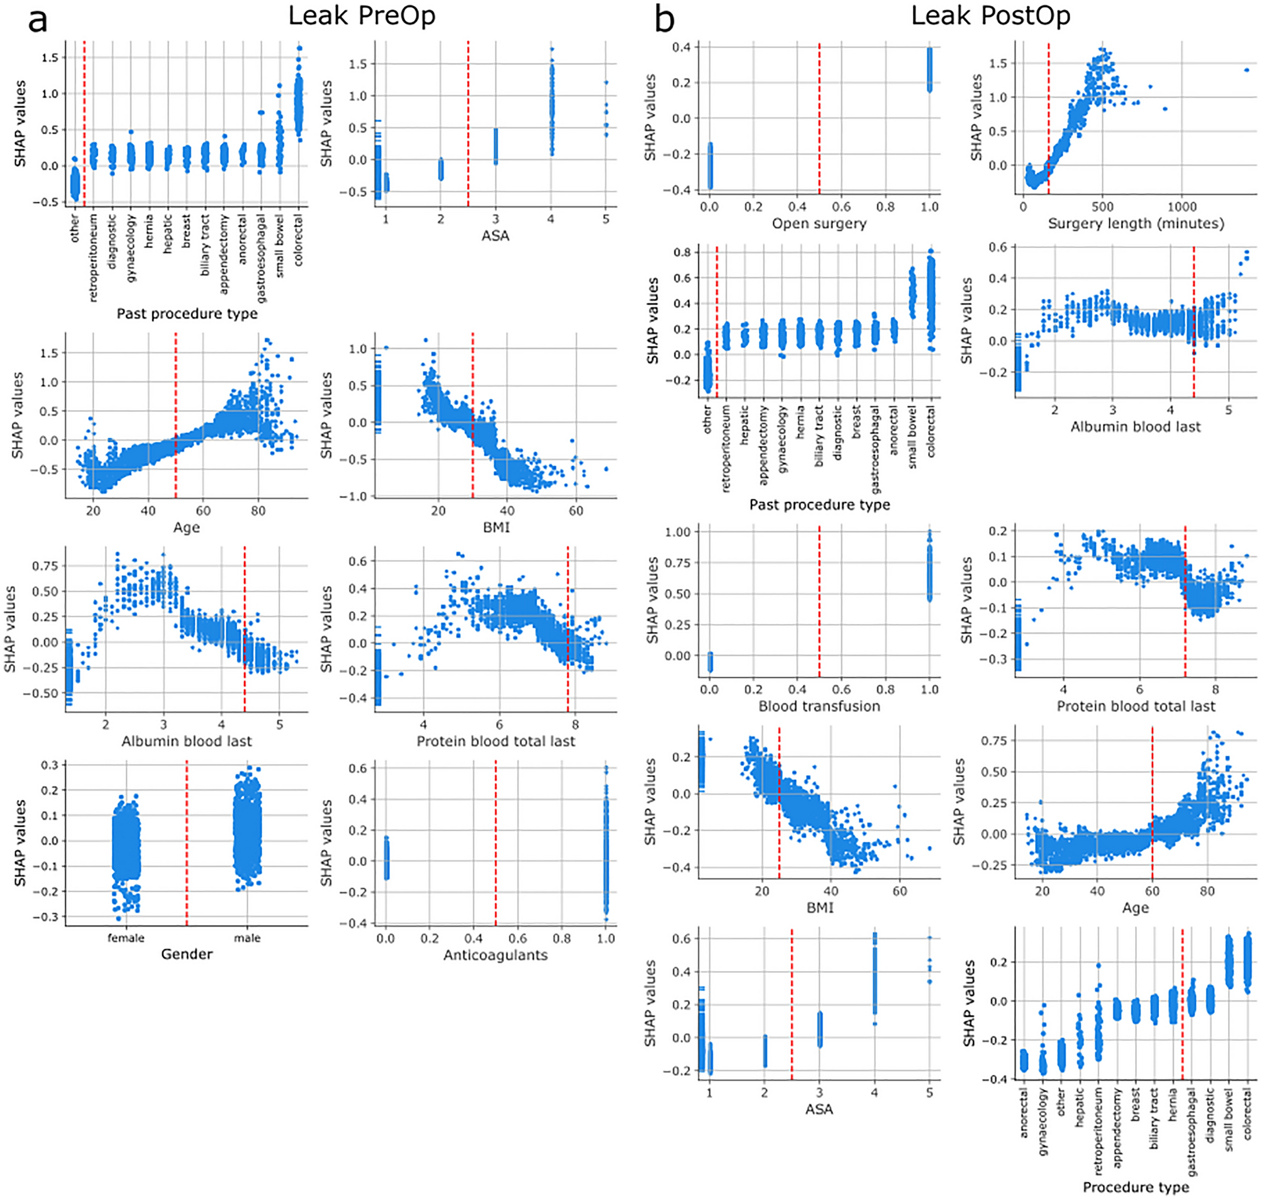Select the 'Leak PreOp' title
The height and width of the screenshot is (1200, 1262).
click(x=362, y=15)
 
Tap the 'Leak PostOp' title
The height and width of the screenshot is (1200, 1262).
click(x=990, y=15)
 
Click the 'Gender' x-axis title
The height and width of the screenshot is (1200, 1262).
click(x=186, y=953)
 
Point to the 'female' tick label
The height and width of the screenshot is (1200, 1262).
click(x=125, y=938)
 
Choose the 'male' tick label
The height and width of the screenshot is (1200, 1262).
click(x=247, y=938)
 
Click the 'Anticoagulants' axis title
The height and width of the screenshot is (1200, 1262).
click(x=495, y=955)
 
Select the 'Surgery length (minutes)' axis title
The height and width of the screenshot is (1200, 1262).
click(x=1136, y=223)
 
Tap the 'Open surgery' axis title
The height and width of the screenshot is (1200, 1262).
click(x=819, y=223)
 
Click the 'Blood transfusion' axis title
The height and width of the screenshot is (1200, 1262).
click(x=819, y=706)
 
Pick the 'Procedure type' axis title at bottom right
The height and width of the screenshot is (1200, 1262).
click(x=1136, y=1187)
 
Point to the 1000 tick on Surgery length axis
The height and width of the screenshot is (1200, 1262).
click(x=1182, y=207)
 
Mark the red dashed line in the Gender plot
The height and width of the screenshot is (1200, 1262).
click(x=187, y=845)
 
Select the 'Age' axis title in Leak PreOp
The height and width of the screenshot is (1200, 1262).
click(x=186, y=527)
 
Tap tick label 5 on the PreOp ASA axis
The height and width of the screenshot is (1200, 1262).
click(x=606, y=219)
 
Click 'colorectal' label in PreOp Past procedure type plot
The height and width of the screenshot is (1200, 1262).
click(x=298, y=240)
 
